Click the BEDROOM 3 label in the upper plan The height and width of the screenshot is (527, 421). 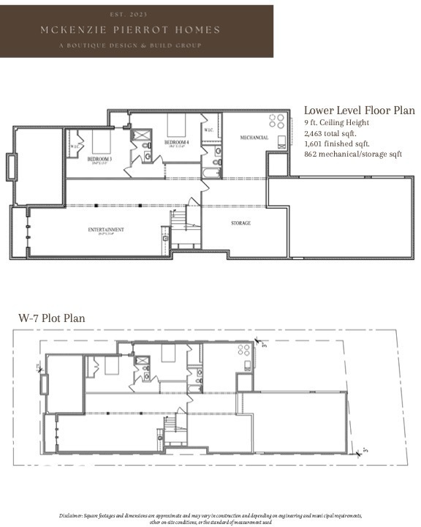(x=99, y=159)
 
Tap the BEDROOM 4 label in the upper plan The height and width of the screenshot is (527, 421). (x=176, y=142)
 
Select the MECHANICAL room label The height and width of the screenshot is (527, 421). (x=254, y=138)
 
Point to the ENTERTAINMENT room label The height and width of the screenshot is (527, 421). (x=106, y=230)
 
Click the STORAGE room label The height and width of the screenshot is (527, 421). (x=241, y=223)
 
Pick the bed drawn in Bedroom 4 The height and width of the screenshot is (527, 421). (x=178, y=123)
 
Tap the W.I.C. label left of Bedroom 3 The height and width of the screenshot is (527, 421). (x=75, y=146)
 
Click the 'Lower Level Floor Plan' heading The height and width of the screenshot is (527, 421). (x=353, y=109)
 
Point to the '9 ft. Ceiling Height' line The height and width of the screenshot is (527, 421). (x=337, y=123)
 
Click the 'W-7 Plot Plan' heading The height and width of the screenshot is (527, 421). (x=52, y=318)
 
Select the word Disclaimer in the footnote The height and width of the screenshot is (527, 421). (x=74, y=515)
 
